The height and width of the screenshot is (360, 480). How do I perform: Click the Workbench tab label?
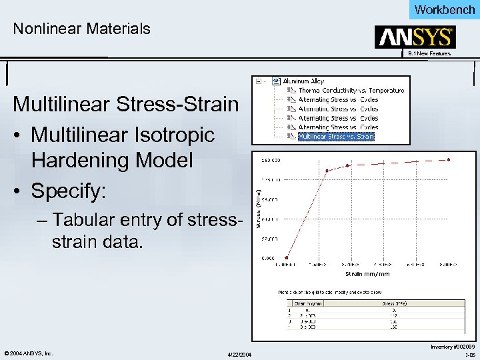(x=445, y=9)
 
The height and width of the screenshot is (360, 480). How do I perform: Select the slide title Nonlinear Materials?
(x=82, y=29)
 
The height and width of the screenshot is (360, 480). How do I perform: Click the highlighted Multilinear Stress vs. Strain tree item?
(x=336, y=137)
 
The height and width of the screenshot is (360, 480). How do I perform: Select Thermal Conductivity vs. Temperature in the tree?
(x=351, y=90)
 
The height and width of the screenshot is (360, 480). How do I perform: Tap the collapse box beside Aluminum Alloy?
(x=258, y=81)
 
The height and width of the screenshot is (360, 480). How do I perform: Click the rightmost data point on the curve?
(x=449, y=159)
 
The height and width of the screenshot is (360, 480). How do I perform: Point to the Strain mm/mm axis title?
(x=367, y=273)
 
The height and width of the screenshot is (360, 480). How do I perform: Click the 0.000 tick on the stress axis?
(x=267, y=257)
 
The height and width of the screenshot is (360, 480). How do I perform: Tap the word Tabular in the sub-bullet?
(x=79, y=220)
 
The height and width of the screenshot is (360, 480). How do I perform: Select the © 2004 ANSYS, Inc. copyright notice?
(x=28, y=353)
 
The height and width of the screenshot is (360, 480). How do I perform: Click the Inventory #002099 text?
(x=453, y=347)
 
